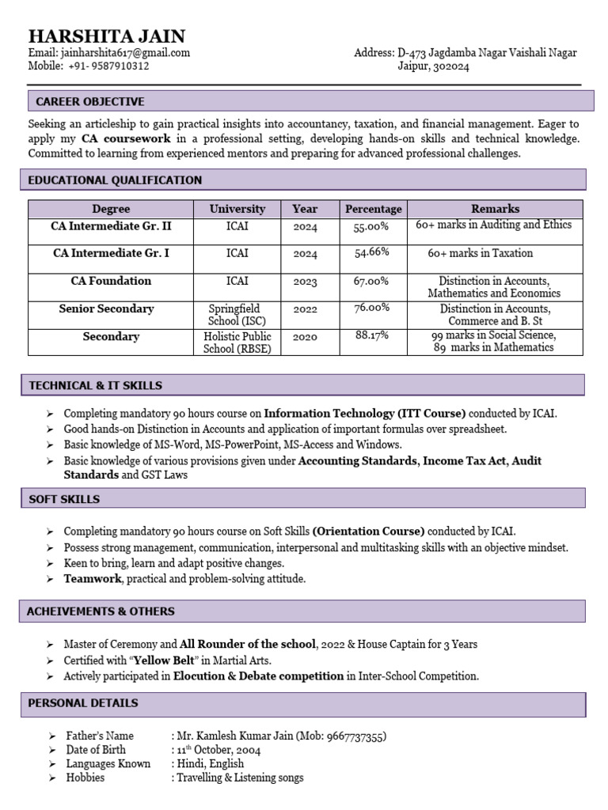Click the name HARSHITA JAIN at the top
[x=107, y=36]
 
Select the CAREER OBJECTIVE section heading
[x=90, y=101]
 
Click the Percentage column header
[x=374, y=209]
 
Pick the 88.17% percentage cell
[x=372, y=335]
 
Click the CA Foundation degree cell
[x=111, y=281]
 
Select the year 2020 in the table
[x=305, y=337]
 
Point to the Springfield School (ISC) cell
[x=234, y=315]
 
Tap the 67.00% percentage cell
[x=371, y=281]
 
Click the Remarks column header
[x=496, y=209]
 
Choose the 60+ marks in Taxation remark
[x=481, y=253]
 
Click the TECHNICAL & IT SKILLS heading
[x=95, y=385]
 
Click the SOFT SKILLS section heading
[x=64, y=499]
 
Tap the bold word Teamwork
[x=93, y=579]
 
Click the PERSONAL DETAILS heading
[x=83, y=703]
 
